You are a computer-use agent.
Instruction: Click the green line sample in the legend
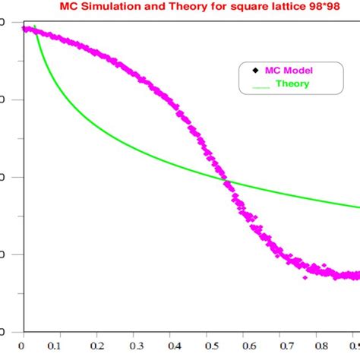pos(261,85)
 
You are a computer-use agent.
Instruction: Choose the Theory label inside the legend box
pos(292,84)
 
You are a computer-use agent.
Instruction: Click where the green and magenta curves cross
pos(226,182)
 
